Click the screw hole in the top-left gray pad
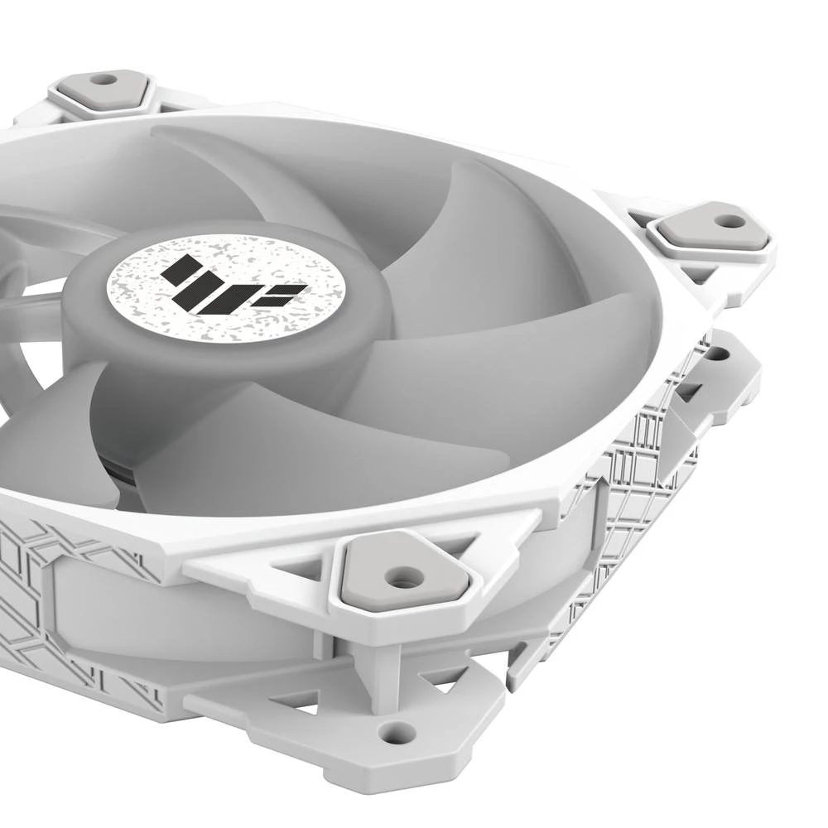click(x=103, y=79)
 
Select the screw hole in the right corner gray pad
click(x=729, y=221)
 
